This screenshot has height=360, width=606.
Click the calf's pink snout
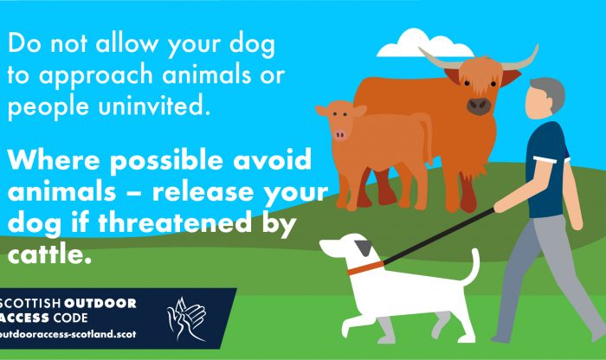coord(339,135)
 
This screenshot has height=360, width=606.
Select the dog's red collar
coord(365,267)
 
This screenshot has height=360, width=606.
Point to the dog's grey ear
coord(364,248)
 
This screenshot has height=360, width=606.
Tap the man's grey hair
coord(549,93)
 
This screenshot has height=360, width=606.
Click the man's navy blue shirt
coord(548,170)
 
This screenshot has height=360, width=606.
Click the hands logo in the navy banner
coord(186,318)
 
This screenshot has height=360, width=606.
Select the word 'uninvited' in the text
coord(154,106)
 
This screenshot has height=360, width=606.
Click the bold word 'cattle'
coord(49,254)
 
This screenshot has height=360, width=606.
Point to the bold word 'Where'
coord(55,158)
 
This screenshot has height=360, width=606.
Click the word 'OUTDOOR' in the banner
coord(100,303)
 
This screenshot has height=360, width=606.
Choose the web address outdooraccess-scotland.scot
coord(68,334)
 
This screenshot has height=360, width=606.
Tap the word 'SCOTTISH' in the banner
coord(30,303)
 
